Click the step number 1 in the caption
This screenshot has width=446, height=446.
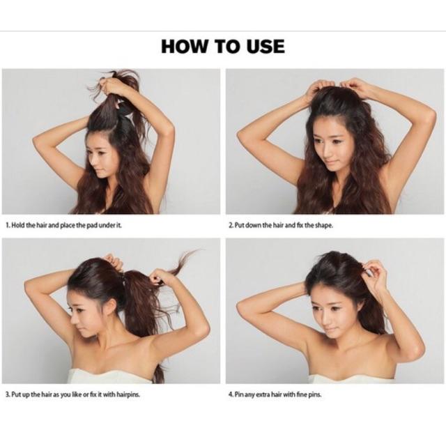point(8,225)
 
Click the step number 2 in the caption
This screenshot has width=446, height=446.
point(231,225)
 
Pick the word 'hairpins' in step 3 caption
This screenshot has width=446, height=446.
point(128,394)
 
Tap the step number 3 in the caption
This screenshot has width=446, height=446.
point(8,394)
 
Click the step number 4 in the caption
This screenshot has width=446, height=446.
point(231,394)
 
